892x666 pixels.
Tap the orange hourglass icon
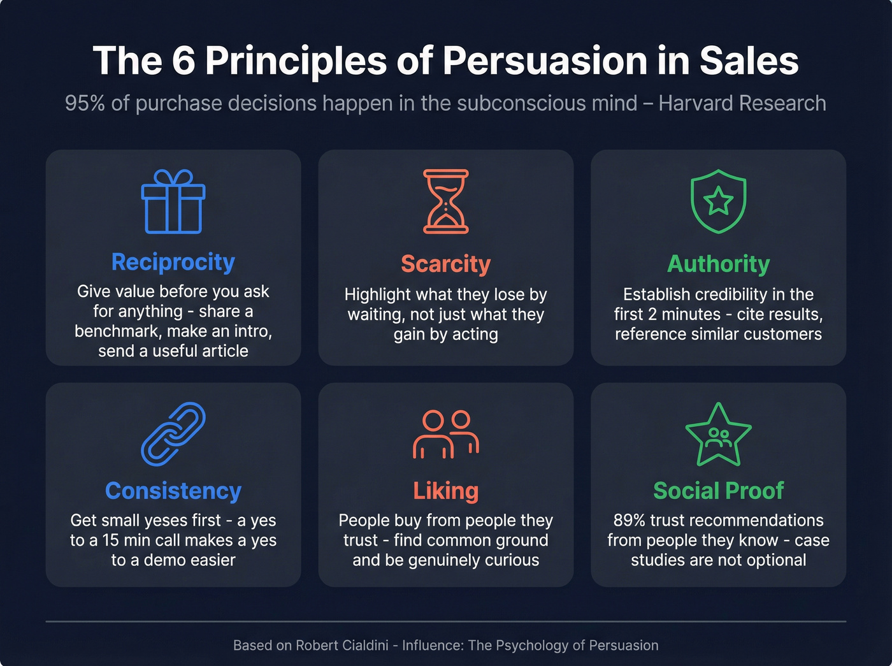pyautogui.click(x=446, y=201)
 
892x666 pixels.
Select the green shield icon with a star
pyautogui.click(x=718, y=201)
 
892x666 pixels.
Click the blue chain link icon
pyautogui.click(x=173, y=433)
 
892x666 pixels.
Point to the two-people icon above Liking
pyautogui.click(x=446, y=434)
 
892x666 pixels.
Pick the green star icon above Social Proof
pyautogui.click(x=718, y=435)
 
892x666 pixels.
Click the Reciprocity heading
pyautogui.click(x=173, y=262)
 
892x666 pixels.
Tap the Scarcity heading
pyautogui.click(x=446, y=264)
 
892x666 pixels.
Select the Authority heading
pyautogui.click(x=718, y=264)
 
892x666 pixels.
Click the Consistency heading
pyautogui.click(x=173, y=491)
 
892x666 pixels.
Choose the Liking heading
pyautogui.click(x=446, y=491)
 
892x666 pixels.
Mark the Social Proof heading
pyautogui.click(x=718, y=491)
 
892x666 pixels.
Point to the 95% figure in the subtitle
pyautogui.click(x=85, y=103)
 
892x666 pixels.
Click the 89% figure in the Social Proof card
pyautogui.click(x=629, y=520)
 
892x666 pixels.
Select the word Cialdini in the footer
pyautogui.click(x=361, y=645)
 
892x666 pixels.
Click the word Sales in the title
pyautogui.click(x=749, y=61)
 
